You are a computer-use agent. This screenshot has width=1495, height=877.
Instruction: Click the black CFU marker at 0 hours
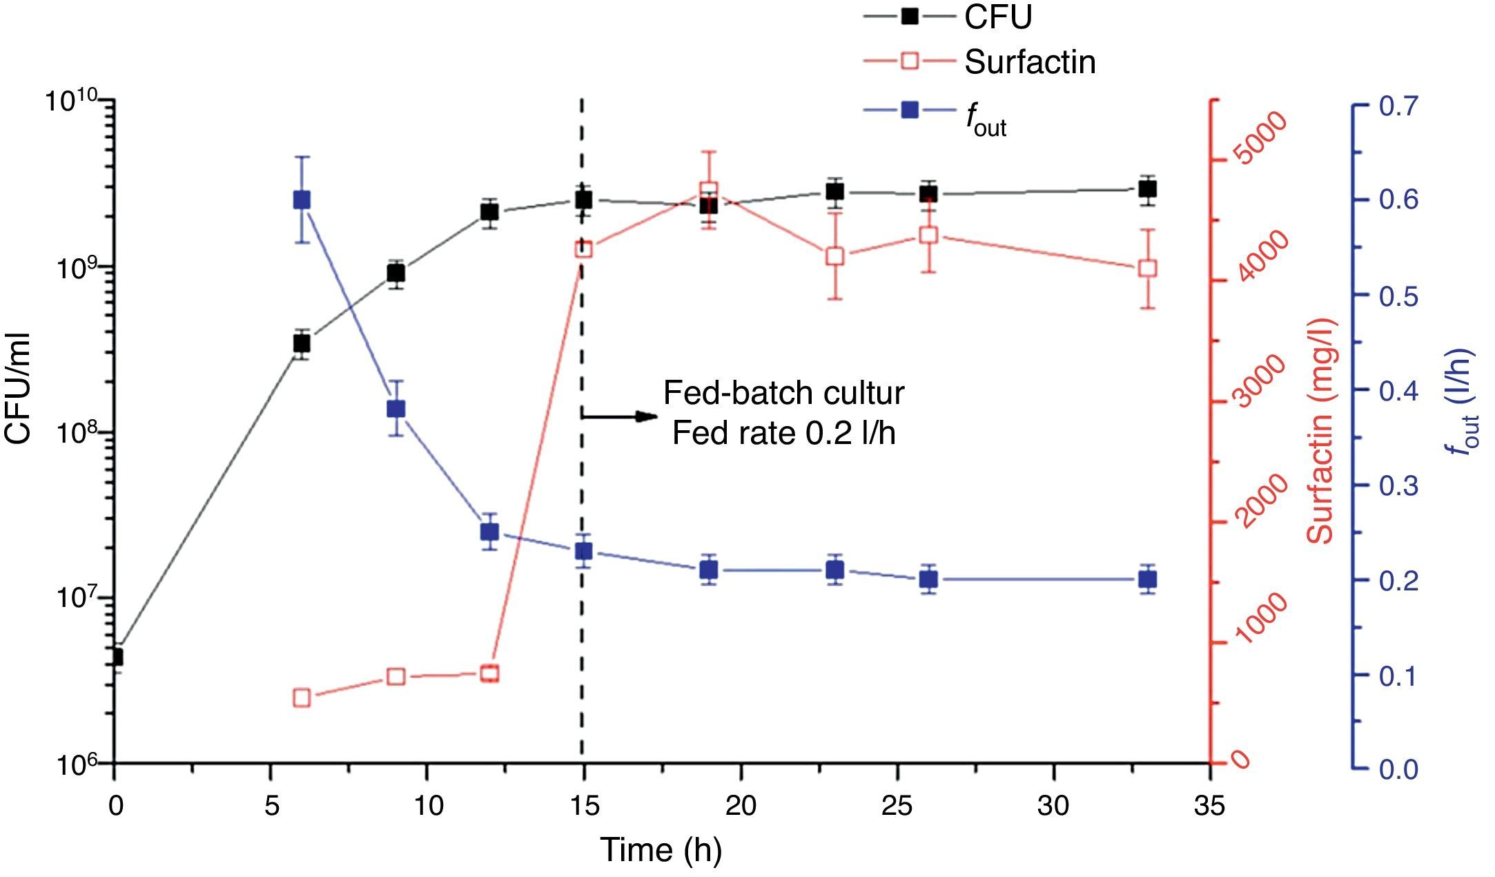115,657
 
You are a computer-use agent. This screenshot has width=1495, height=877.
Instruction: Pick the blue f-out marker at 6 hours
302,200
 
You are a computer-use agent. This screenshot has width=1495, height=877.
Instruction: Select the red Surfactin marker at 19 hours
708,191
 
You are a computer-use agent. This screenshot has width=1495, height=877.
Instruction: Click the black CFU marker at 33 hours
1147,189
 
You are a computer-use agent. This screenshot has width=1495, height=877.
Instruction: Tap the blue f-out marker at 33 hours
1147,579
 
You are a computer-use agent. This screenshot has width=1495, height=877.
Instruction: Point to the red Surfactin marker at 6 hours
302,697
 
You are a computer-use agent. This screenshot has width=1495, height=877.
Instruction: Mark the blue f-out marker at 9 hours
395,409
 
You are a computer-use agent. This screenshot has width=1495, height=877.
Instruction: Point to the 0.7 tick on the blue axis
1398,106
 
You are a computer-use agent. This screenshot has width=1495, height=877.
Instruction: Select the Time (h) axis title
661,850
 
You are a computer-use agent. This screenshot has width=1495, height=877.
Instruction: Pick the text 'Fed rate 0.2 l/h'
784,434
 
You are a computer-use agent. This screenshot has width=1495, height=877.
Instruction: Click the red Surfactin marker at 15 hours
583,249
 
